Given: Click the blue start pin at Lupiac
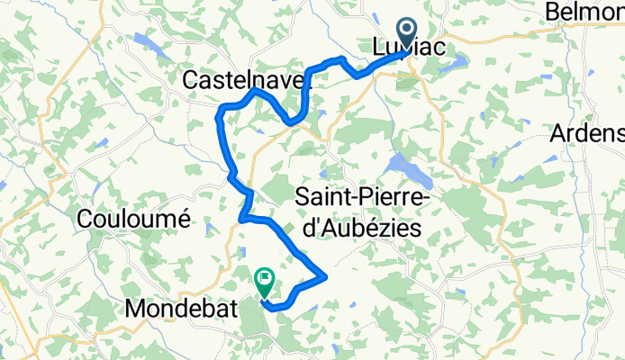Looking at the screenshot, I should point(405,33).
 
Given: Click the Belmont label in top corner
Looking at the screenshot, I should point(584,13).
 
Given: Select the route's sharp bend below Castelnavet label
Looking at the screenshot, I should point(291,121).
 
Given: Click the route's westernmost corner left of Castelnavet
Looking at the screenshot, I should point(221,112).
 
